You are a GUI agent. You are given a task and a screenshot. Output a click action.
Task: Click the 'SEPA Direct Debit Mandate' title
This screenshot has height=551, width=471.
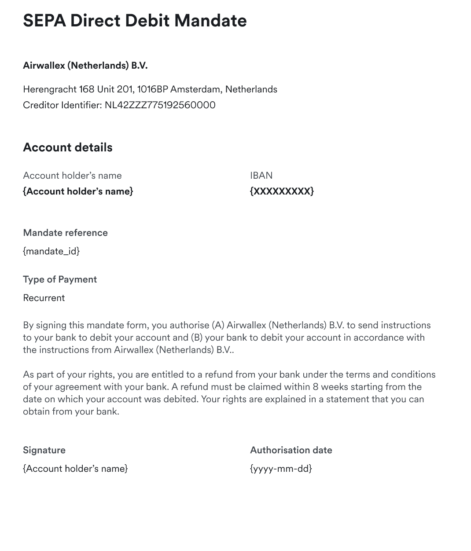pyautogui.click(x=135, y=21)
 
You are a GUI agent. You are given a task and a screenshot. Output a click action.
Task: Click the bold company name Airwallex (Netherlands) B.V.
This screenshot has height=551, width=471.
pyautogui.click(x=85, y=66)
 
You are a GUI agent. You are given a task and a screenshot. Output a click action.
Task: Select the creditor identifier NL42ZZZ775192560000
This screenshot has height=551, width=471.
pyautogui.click(x=160, y=105)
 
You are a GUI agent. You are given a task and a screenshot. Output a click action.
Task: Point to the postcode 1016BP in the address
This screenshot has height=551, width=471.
pyautogui.click(x=152, y=89)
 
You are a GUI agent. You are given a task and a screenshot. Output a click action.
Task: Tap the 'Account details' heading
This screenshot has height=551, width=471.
pyautogui.click(x=68, y=147)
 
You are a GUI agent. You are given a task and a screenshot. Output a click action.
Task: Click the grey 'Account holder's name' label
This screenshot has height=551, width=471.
pyautogui.click(x=72, y=176)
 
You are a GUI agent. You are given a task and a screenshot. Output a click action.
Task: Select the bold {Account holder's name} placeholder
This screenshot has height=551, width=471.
pyautogui.click(x=78, y=191)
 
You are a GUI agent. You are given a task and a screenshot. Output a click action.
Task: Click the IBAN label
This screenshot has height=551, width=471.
pyautogui.click(x=261, y=176)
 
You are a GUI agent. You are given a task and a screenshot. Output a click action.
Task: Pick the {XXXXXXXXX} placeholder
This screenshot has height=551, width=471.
pyautogui.click(x=282, y=191)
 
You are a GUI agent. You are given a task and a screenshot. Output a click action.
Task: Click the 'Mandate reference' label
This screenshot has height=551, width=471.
pyautogui.click(x=65, y=233)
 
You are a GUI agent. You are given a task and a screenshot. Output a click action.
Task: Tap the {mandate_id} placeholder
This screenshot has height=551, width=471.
pyautogui.click(x=51, y=251)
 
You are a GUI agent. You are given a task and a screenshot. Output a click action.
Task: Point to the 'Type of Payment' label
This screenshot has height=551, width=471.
pyautogui.click(x=60, y=279)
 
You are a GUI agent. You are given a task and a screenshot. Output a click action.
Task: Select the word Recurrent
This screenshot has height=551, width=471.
pyautogui.click(x=44, y=298)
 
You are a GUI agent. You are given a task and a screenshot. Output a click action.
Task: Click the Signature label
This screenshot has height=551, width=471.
pyautogui.click(x=44, y=450)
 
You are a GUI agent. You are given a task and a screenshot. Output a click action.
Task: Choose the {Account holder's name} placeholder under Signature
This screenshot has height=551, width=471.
pyautogui.click(x=75, y=469)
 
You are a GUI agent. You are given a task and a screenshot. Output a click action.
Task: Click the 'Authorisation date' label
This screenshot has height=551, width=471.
pyautogui.click(x=291, y=450)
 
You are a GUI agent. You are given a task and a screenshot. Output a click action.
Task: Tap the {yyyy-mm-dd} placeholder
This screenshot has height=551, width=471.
pyautogui.click(x=281, y=469)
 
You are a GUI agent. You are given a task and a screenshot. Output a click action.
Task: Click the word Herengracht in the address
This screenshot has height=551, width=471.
pyautogui.click(x=49, y=89)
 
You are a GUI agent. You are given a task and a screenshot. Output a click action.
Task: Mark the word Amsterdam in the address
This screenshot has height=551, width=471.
pyautogui.click(x=196, y=89)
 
